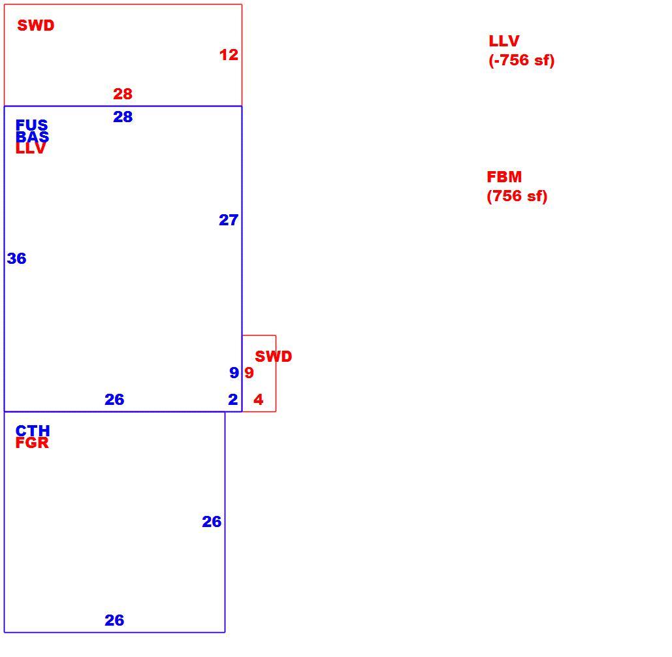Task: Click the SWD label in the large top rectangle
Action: [35, 25]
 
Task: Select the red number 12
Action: [229, 55]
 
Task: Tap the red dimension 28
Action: [123, 94]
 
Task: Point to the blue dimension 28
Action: [123, 116]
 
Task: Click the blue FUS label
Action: [32, 125]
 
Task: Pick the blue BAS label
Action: [32, 136]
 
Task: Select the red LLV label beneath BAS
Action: [31, 148]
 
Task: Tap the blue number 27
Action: [229, 220]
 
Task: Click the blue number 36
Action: [17, 259]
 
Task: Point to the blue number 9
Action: [234, 372]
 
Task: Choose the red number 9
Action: [249, 372]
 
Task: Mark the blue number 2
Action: [232, 400]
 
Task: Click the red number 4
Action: [258, 400]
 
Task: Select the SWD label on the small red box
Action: [274, 356]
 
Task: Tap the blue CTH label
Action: [33, 430]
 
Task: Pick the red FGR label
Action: [32, 443]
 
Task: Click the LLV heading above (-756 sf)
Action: [504, 41]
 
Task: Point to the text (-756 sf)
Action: [522, 60]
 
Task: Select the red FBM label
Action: [504, 176]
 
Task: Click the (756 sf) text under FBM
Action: [517, 196]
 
